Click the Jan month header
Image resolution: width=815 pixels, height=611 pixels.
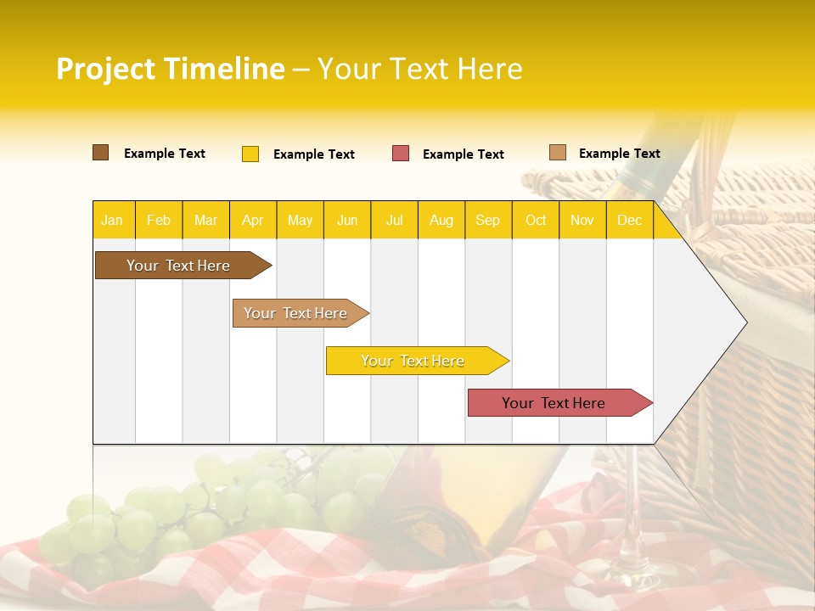pos(112,220)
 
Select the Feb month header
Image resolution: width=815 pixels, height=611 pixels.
pos(159,220)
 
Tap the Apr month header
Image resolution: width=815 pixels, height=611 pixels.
pos(252,220)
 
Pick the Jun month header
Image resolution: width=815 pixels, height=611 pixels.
pos(347,220)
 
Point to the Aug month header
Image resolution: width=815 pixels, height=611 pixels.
pos(441,220)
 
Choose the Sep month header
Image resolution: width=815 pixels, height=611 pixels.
pos(487,220)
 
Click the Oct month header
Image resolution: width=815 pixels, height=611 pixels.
pos(536,220)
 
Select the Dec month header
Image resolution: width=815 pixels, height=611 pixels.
pos(629,220)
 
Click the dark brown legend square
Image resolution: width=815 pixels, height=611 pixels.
pos(101,153)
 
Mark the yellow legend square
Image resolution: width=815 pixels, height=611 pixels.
pos(250,154)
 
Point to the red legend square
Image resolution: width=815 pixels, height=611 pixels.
pos(401,154)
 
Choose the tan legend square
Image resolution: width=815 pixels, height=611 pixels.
pos(558,153)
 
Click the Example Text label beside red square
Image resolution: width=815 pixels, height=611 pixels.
pos(463,154)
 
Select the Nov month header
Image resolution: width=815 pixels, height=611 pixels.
pos(582,220)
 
